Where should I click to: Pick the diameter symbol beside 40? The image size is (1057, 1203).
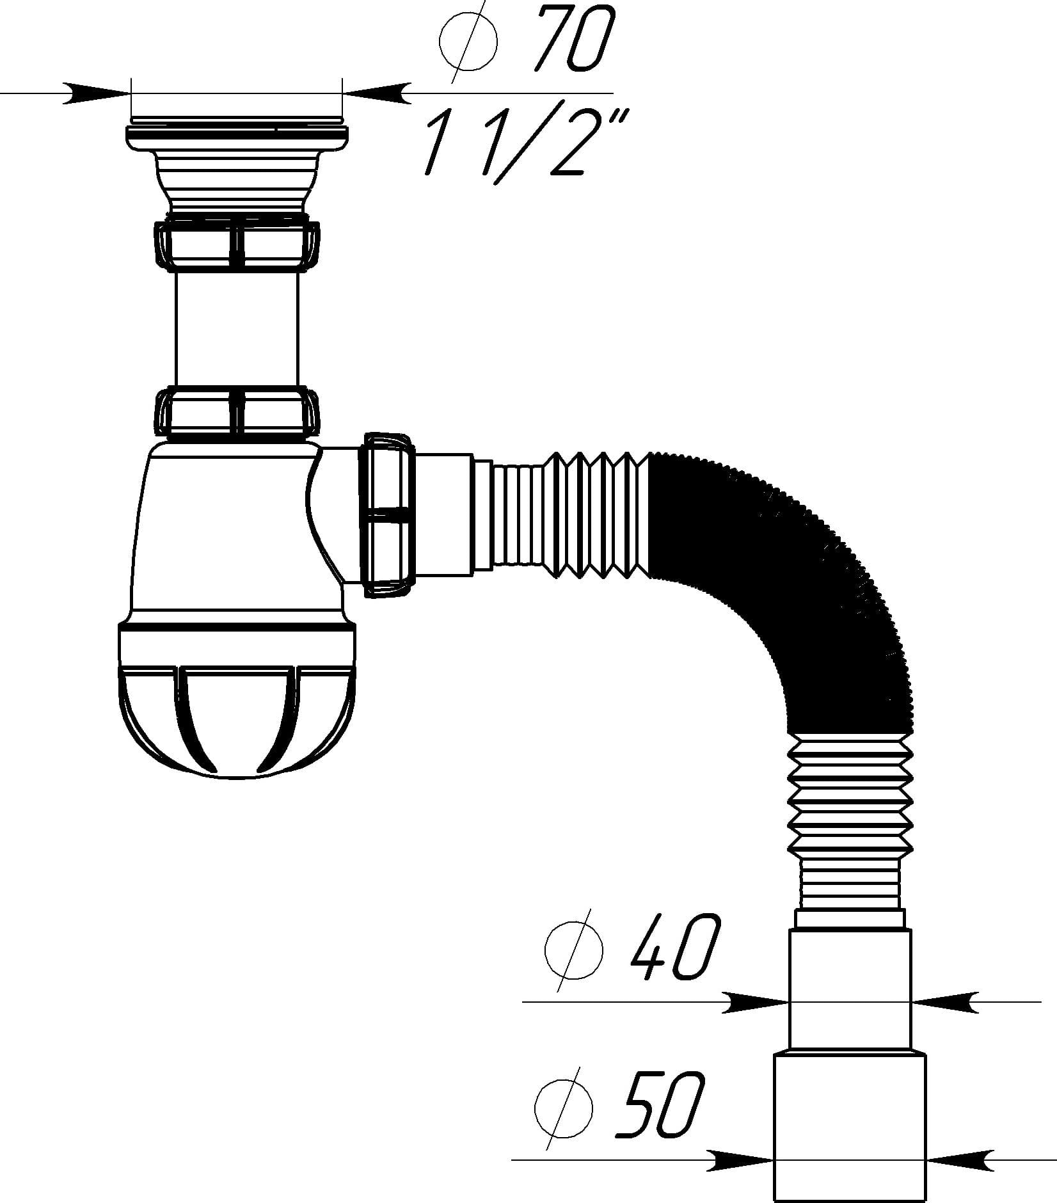tap(573, 950)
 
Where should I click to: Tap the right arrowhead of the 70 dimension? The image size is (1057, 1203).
tap(376, 93)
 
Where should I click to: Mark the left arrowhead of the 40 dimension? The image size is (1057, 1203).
tap(756, 1002)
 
